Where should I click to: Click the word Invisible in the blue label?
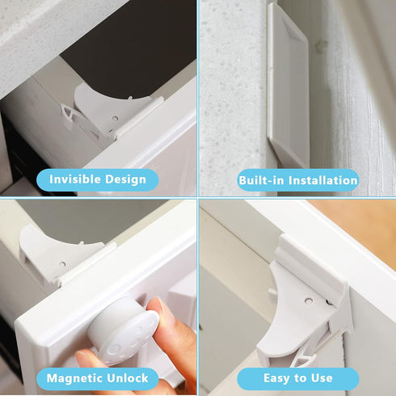[74, 179]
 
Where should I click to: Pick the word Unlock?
[127, 378]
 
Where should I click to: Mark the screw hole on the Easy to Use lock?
[308, 301]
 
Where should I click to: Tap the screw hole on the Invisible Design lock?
[114, 119]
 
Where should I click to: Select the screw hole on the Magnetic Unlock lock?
[61, 263]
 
